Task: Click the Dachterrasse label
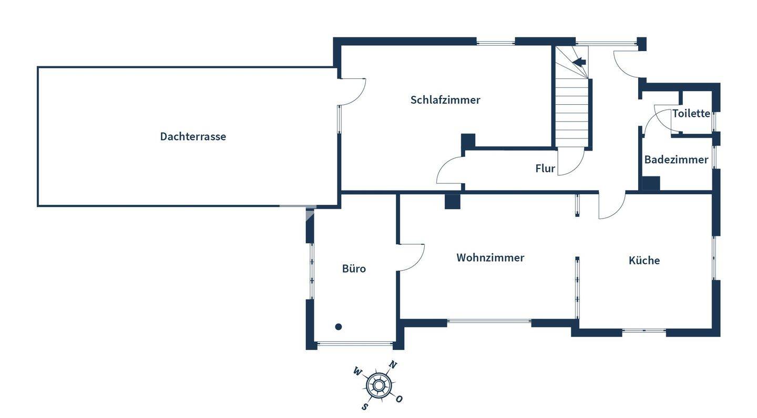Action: pos(193,136)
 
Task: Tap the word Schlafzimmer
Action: pos(445,100)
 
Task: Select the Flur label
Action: pos(545,168)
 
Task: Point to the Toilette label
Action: pos(691,113)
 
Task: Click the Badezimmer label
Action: pos(676,160)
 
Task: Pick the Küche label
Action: pos(644,260)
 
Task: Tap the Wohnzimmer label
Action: pos(490,257)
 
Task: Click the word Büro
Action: pos(354,268)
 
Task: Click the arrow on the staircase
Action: pos(579,62)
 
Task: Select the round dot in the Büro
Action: pos(339,327)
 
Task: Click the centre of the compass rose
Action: pos(378,385)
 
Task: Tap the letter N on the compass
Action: pos(393,365)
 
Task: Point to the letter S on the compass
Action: pos(364,406)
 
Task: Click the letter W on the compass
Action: pos(357,372)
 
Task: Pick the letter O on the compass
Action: pos(400,399)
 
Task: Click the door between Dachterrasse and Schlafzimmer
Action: pos(352,91)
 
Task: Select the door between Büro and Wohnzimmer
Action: pos(412,257)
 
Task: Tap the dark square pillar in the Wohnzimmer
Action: pos(452,202)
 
